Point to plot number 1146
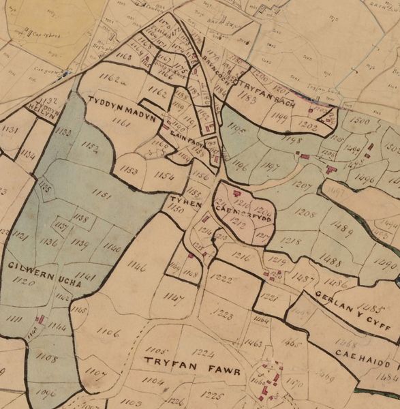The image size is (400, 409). [x=136, y=268]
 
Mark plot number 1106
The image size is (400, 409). [x=108, y=332]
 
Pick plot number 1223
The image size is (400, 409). [x=223, y=315]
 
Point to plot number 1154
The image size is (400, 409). [x=164, y=176]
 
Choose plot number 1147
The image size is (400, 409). [x=174, y=297]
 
